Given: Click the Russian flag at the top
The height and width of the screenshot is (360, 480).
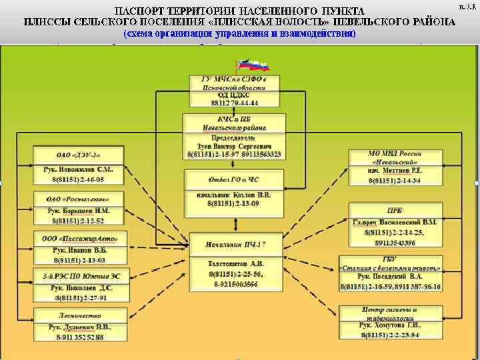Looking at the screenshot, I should pyautogui.click(x=251, y=65).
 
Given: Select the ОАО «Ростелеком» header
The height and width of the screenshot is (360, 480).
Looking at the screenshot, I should pyautogui.click(x=78, y=199).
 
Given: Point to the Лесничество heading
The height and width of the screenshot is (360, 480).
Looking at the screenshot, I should pyautogui.click(x=78, y=315).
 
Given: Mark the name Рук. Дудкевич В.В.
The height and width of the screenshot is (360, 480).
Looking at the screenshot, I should pyautogui.click(x=79, y=327).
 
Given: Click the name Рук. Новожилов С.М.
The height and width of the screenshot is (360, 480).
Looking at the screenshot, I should pyautogui.click(x=79, y=170).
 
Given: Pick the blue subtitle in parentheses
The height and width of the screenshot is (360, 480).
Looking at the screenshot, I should pyautogui.click(x=239, y=33).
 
